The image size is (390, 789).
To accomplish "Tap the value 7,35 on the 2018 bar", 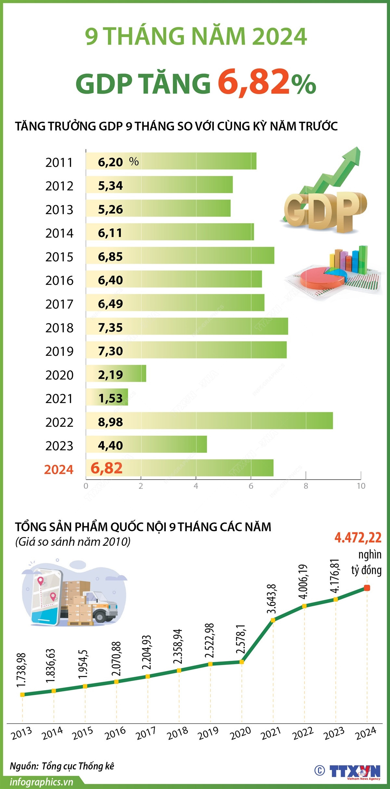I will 110,328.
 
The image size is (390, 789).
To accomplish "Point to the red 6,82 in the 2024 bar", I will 107,468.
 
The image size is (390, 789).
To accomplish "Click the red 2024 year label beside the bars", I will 59,470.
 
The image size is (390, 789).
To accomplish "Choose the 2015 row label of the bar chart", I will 59,257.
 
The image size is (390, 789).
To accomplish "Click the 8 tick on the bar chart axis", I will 306,486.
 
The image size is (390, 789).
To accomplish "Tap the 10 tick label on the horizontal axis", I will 361,486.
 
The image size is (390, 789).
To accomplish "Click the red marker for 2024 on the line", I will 367,588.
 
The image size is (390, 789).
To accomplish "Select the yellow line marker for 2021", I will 273,620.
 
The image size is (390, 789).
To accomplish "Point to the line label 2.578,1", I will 241,639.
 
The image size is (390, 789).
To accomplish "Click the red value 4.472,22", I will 358,538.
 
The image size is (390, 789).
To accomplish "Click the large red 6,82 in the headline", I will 253,82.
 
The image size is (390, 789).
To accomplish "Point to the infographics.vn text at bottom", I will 42,782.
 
